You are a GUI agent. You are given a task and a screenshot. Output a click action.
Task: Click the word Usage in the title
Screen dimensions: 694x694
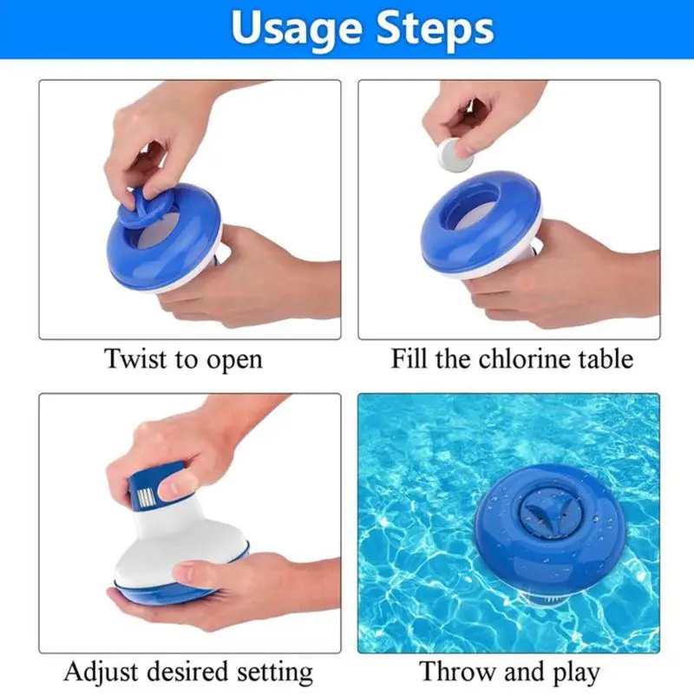(x=297, y=29)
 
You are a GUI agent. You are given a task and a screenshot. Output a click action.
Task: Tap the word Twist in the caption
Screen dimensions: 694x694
(x=136, y=358)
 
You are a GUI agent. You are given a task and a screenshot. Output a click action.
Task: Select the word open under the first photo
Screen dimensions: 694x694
(x=234, y=361)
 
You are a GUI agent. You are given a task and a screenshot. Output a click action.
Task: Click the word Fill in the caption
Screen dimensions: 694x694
(x=407, y=358)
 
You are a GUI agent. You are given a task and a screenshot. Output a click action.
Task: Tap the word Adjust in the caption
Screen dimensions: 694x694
(x=101, y=673)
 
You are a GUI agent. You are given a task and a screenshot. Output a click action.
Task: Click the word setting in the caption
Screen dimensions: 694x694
(x=275, y=674)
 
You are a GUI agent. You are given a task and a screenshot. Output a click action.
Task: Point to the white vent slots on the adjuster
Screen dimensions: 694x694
(x=147, y=497)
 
